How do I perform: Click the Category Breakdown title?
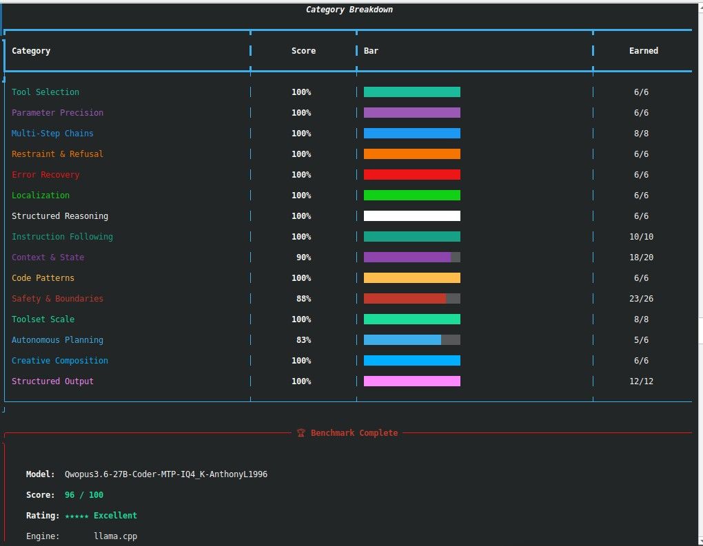tap(349, 10)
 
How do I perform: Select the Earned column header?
tap(643, 51)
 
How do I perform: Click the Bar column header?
tap(371, 51)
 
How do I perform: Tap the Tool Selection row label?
tap(45, 92)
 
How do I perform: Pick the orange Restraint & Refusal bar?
tap(412, 154)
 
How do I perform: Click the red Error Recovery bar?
tap(412, 175)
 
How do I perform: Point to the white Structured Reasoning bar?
tap(412, 216)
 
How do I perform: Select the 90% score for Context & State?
tap(303, 257)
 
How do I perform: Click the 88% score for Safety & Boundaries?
tap(303, 298)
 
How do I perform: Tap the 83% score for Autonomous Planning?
tap(303, 340)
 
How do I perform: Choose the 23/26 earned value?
tap(641, 298)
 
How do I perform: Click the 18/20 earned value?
tap(641, 257)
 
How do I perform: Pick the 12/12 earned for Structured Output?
tap(641, 381)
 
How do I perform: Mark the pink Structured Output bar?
tap(412, 381)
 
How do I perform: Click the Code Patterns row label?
tap(43, 277)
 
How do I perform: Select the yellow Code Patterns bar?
tap(412, 277)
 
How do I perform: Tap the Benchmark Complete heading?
tap(354, 432)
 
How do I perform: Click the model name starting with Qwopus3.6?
tap(166, 474)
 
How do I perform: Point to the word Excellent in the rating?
tap(115, 515)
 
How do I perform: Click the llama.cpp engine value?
tap(115, 536)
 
